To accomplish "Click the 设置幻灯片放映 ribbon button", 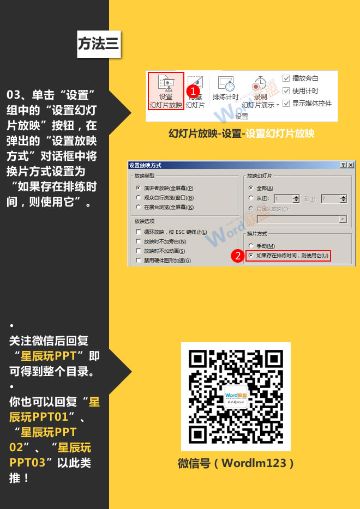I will coord(166,91).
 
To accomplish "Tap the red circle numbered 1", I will coord(191,90).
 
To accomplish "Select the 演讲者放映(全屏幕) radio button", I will coord(139,188).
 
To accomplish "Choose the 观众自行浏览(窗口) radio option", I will coord(139,198).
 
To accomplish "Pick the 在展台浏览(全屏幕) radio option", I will coord(139,208).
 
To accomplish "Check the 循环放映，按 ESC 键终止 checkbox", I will coord(139,232).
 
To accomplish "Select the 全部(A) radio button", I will coord(251,188).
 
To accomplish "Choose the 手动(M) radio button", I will coord(251,246).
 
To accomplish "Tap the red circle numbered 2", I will coord(237,256).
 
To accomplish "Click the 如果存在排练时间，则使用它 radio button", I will coord(251,256).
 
